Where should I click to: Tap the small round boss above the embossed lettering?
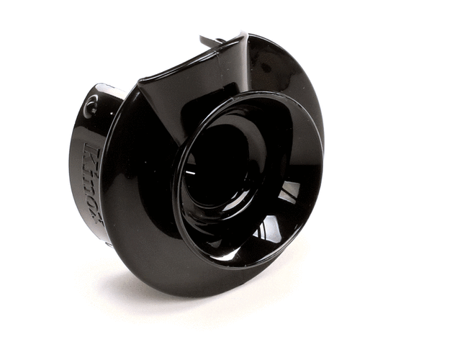(90, 107)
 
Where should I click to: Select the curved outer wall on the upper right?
(302, 79)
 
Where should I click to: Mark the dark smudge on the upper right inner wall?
(277, 68)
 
